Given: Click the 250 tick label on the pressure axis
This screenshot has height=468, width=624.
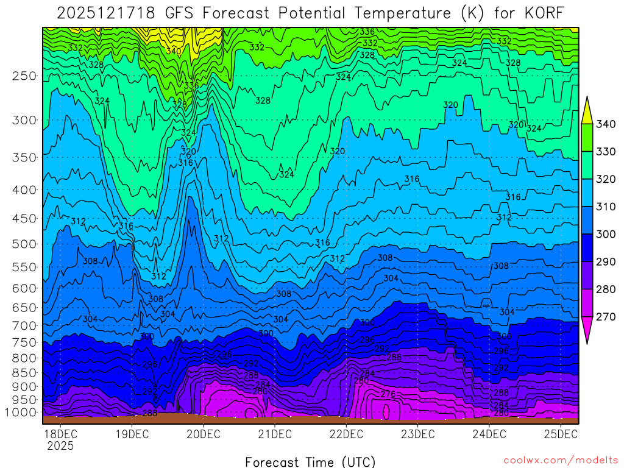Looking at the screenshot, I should [24, 76].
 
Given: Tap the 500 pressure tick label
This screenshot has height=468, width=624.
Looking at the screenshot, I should [24, 244].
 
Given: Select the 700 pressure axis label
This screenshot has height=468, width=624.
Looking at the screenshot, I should [24, 324].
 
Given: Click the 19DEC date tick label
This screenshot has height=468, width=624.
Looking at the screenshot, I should [132, 434].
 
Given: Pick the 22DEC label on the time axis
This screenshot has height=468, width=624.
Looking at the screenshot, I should [346, 434].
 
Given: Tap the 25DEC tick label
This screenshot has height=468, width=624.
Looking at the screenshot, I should [561, 434].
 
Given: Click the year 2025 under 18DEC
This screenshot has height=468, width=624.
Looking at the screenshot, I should [60, 445].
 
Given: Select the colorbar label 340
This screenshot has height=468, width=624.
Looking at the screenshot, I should [606, 124].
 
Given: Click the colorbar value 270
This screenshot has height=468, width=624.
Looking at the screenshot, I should [606, 316].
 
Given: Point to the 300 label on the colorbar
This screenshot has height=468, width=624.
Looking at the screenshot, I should [606, 234].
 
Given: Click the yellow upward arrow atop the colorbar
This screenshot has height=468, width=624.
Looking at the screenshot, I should [587, 110].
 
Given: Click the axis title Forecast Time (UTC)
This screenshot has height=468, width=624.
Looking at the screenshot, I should [310, 461].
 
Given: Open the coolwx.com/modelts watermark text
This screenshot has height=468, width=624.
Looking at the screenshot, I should [561, 460].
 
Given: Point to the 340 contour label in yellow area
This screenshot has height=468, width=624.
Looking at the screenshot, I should [174, 51].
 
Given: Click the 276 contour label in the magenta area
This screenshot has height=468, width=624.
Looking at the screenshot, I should [388, 394].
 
